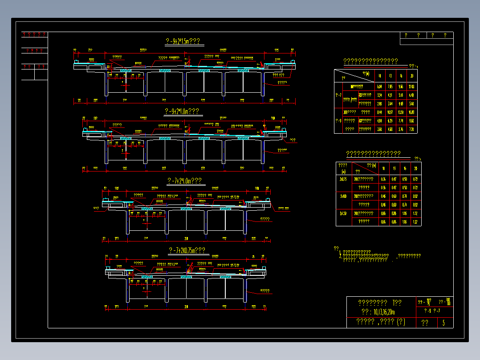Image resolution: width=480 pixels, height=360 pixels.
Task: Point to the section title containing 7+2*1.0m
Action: (x=184, y=181)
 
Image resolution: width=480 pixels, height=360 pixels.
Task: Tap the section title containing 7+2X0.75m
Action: (x=187, y=250)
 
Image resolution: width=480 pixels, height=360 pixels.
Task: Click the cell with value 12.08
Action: (x=412, y=86)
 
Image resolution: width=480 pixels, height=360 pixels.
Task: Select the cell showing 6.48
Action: (x=412, y=95)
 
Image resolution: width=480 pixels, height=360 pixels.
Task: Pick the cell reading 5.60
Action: (x=412, y=103)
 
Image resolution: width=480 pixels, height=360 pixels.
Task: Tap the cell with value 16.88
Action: (x=412, y=112)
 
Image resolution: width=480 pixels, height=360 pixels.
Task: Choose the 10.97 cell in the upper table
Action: (x=390, y=112)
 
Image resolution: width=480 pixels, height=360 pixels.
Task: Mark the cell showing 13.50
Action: (x=401, y=112)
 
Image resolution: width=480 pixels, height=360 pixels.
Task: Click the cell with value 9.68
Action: (x=412, y=121)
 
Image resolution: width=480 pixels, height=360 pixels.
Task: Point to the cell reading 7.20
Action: (x=412, y=129)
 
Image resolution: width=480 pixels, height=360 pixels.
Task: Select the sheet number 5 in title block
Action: (x=443, y=323)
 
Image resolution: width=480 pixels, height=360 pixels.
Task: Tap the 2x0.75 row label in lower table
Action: (x=343, y=179)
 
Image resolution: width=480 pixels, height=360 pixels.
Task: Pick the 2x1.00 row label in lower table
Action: (x=343, y=196)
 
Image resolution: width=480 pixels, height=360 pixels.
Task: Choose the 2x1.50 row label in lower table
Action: (x=343, y=213)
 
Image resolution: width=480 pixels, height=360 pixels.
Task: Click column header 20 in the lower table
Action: (x=415, y=168)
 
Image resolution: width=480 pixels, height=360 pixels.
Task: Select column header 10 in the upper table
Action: (x=379, y=76)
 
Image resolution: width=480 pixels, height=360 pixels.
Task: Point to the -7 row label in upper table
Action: (x=338, y=95)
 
